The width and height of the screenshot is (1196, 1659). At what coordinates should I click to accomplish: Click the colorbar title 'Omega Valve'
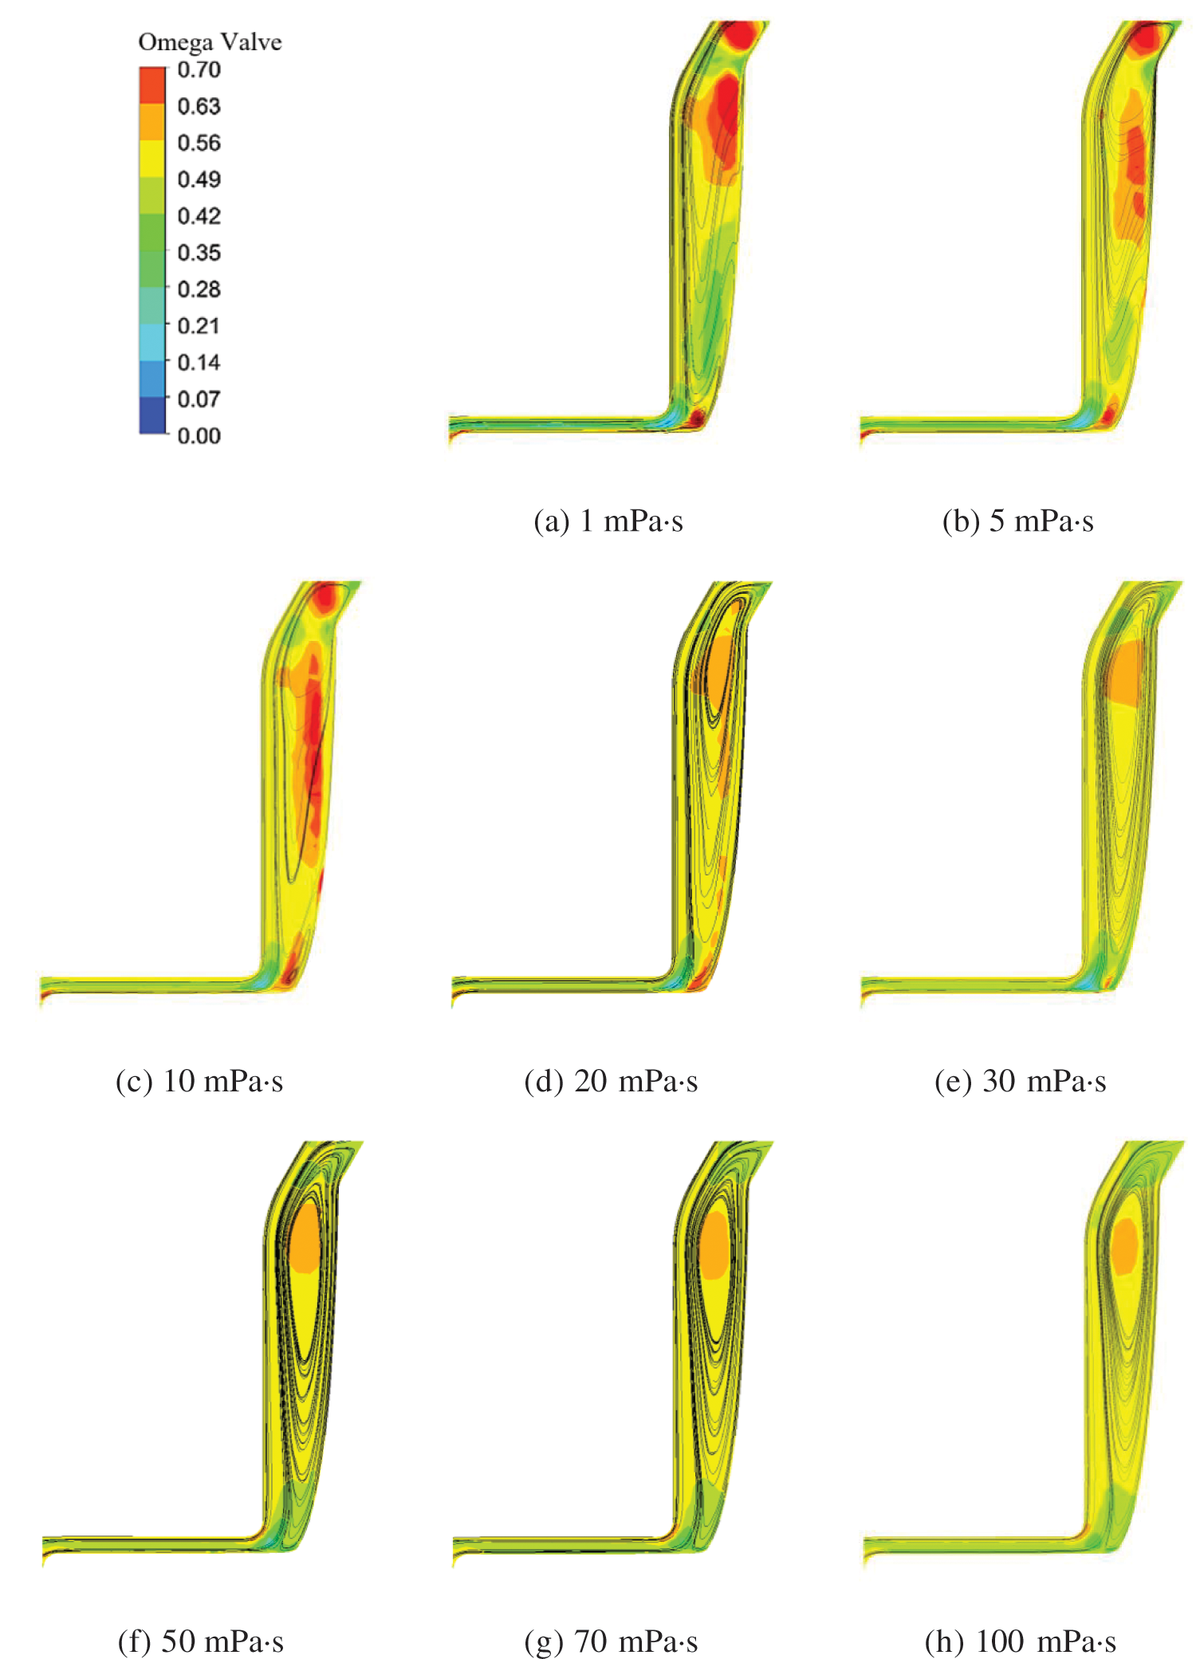click(210, 41)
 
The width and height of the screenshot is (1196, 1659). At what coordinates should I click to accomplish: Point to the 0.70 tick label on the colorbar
click(199, 70)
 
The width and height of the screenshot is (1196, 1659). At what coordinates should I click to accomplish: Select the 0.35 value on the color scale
click(199, 253)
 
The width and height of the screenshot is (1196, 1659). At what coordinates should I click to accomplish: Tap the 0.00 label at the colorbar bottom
click(199, 435)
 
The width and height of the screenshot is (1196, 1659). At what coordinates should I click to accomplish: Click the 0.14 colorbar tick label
click(199, 363)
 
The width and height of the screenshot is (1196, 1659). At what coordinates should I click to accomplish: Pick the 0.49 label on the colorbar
click(199, 179)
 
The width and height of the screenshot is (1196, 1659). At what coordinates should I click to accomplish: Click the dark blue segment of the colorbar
click(152, 415)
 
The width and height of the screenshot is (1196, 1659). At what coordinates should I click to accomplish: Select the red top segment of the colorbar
click(152, 85)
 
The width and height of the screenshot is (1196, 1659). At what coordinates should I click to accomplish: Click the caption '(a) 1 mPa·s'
click(608, 521)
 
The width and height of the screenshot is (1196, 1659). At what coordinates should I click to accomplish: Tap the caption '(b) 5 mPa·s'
click(1017, 521)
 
